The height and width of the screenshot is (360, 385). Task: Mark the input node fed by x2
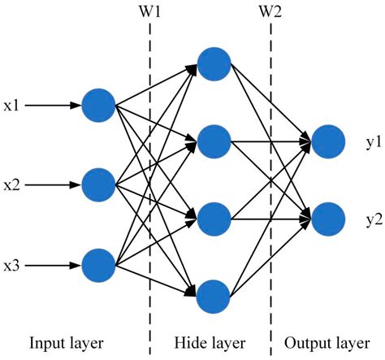point(99,184)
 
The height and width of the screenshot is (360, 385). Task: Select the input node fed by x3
point(99,263)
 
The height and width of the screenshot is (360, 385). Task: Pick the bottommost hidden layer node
point(215,296)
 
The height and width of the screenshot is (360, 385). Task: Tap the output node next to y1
point(325,141)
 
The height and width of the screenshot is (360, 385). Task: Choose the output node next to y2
point(325,196)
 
